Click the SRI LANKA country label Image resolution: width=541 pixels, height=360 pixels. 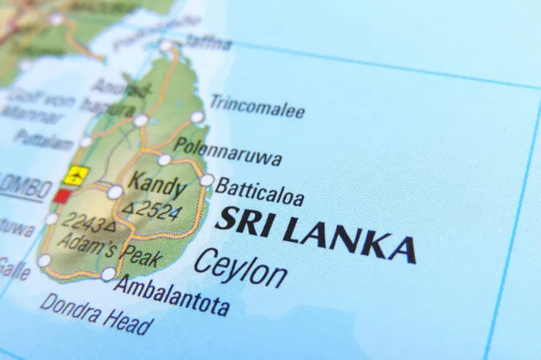[x=315, y=233]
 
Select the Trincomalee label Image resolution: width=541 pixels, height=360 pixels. [x=257, y=108]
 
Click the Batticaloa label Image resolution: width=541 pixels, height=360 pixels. [x=260, y=190]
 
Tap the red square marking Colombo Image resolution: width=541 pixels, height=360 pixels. [x=61, y=196]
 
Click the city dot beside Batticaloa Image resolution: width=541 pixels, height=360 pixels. [x=206, y=180]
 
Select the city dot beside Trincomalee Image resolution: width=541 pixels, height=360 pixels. [x=197, y=117]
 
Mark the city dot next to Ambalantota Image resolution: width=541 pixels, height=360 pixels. [x=108, y=274]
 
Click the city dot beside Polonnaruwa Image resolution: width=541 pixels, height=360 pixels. [x=165, y=160]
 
